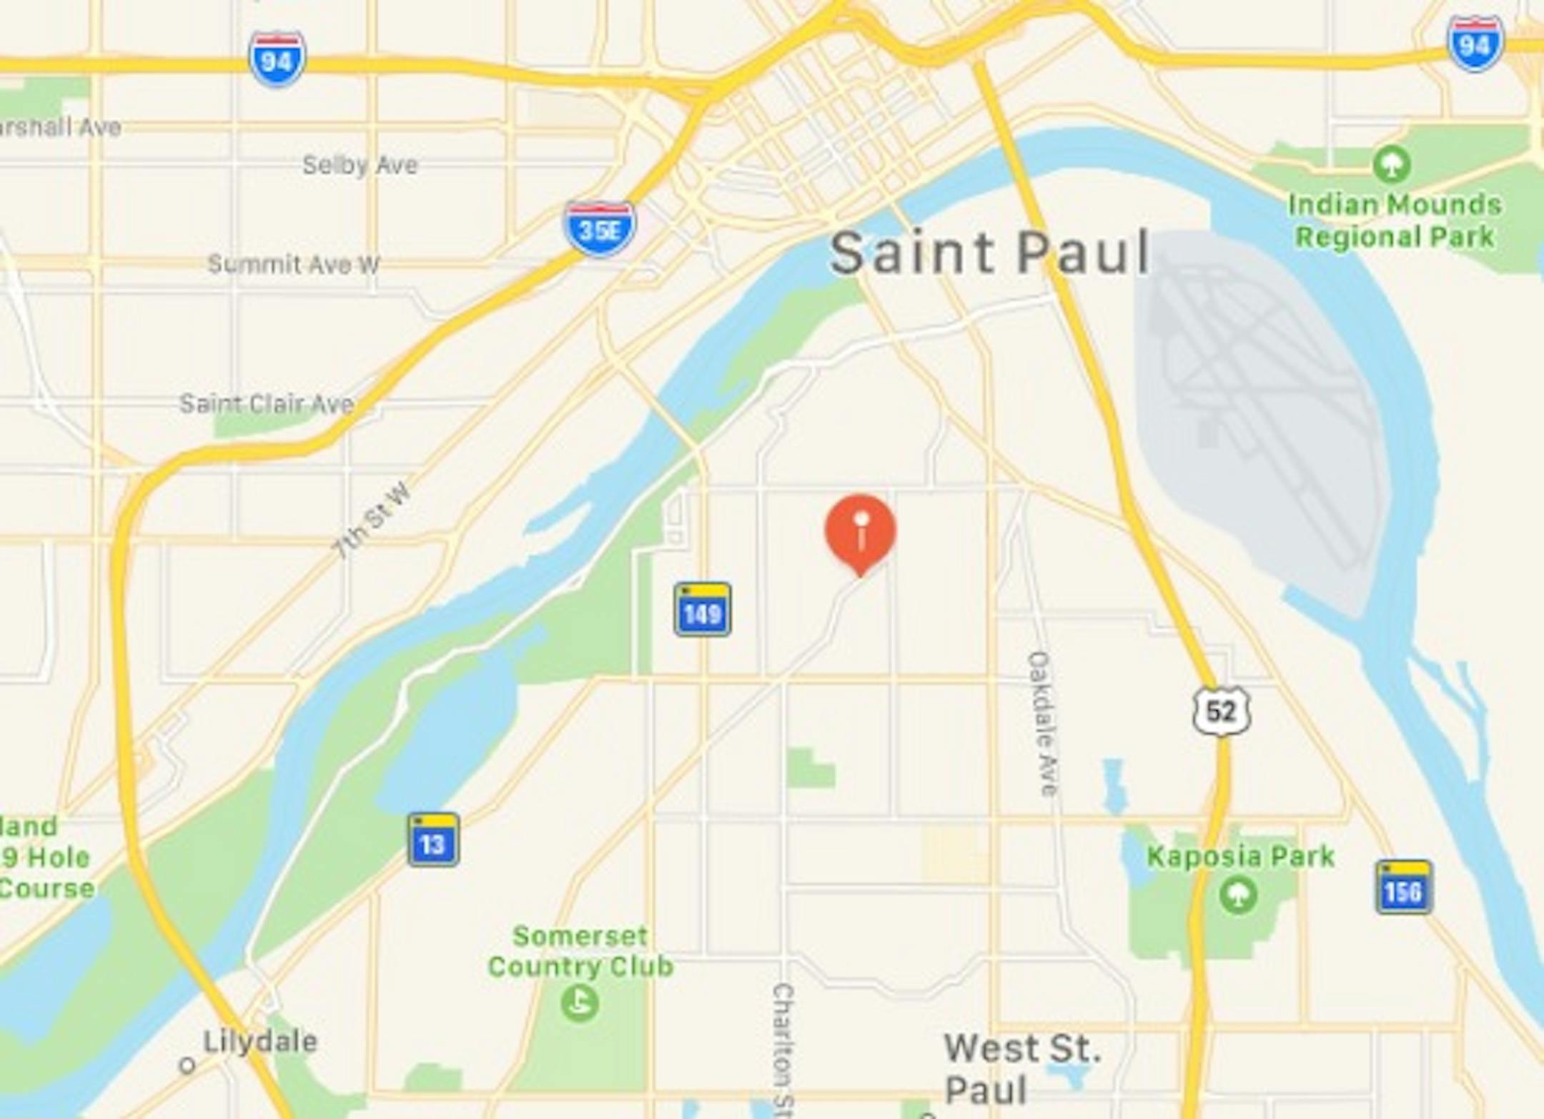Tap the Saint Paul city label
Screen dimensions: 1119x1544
point(989,252)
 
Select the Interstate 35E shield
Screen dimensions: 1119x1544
point(600,228)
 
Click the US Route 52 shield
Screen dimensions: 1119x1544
point(1221,711)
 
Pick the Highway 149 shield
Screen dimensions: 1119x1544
point(702,610)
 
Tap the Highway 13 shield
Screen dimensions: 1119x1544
point(433,840)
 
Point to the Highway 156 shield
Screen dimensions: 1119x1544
point(1404,887)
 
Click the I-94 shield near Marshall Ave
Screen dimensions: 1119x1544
point(277,59)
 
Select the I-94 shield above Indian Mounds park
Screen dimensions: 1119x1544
point(1475,44)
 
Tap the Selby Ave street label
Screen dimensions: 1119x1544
point(360,165)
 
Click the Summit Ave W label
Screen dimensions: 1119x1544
point(294,265)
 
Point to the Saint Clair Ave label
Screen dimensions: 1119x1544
point(267,404)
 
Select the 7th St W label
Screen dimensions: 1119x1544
point(372,520)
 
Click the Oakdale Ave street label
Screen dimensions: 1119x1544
point(1042,723)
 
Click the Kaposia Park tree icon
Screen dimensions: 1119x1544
point(1238,895)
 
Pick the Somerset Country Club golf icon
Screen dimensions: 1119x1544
point(579,1002)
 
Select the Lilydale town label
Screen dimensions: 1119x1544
point(260,1042)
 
